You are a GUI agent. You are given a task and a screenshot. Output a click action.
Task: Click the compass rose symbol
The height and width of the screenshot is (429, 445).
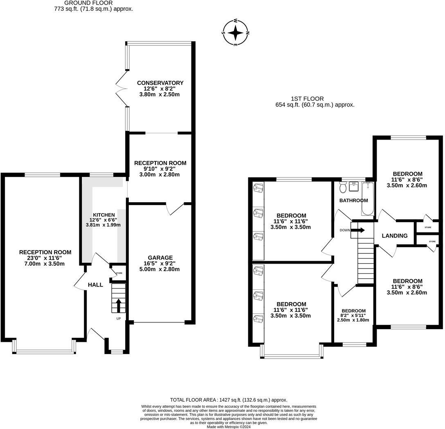pyautogui.click(x=235, y=33)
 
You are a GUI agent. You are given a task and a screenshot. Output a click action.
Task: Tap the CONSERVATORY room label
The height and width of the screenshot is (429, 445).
pyautogui.click(x=160, y=83)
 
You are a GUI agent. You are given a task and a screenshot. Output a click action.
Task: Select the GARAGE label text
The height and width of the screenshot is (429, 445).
pyautogui.click(x=160, y=257)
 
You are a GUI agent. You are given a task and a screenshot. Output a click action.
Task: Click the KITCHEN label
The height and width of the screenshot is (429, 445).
pyautogui.click(x=104, y=215)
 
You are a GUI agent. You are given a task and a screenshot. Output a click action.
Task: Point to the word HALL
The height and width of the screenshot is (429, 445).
pyautogui.click(x=95, y=285)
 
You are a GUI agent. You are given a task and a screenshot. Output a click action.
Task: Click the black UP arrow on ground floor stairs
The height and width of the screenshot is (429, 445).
pyautogui.click(x=118, y=305)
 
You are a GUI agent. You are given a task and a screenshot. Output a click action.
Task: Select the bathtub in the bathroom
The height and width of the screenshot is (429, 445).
pyautogui.click(x=368, y=198)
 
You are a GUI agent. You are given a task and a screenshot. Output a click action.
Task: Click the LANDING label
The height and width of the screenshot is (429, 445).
pyautogui.click(x=394, y=235)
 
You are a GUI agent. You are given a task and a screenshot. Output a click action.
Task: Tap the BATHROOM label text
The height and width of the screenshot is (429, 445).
pyautogui.click(x=354, y=200)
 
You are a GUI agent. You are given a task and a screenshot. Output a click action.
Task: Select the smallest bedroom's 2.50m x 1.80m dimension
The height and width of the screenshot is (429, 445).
pyautogui.click(x=353, y=320)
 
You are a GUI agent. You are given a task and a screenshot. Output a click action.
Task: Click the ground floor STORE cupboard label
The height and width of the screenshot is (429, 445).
pyautogui.click(x=119, y=273)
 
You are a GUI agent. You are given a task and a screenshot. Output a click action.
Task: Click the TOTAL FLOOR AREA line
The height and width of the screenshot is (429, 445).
pyautogui.click(x=229, y=400)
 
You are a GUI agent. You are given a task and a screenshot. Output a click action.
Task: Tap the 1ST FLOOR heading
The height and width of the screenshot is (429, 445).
pyautogui.click(x=307, y=99)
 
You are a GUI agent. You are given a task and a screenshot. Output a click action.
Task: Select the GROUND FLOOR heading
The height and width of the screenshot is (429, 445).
pyautogui.click(x=88, y=3)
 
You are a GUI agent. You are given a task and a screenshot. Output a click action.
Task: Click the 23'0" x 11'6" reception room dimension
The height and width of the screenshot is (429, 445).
pyautogui.click(x=45, y=258)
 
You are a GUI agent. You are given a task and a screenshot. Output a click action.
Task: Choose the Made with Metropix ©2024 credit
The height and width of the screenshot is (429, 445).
pyautogui.click(x=229, y=427)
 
